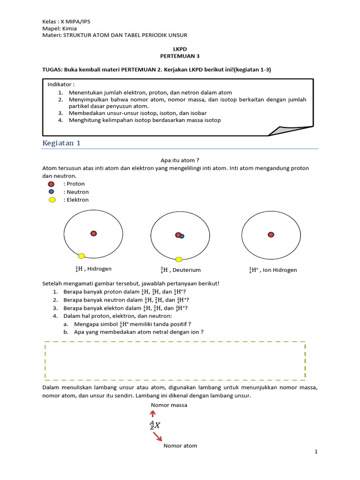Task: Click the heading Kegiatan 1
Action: (x=61, y=143)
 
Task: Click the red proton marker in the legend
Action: (x=52, y=184)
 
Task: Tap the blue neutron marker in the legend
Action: (x=51, y=192)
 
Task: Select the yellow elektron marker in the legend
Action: (x=52, y=200)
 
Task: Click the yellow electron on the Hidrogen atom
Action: (x=81, y=256)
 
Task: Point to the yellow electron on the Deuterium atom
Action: (x=179, y=259)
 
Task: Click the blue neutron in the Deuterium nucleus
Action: (x=182, y=236)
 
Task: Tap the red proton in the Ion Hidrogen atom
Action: (x=270, y=234)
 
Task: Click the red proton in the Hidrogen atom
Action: (x=94, y=233)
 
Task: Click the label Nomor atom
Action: (x=180, y=446)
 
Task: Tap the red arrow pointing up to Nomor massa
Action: (x=152, y=413)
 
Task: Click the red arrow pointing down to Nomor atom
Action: (x=157, y=437)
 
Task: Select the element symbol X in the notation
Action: (x=157, y=426)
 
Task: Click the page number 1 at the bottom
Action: (x=316, y=451)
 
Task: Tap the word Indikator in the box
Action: (x=61, y=84)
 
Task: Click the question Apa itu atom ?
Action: (x=177, y=160)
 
